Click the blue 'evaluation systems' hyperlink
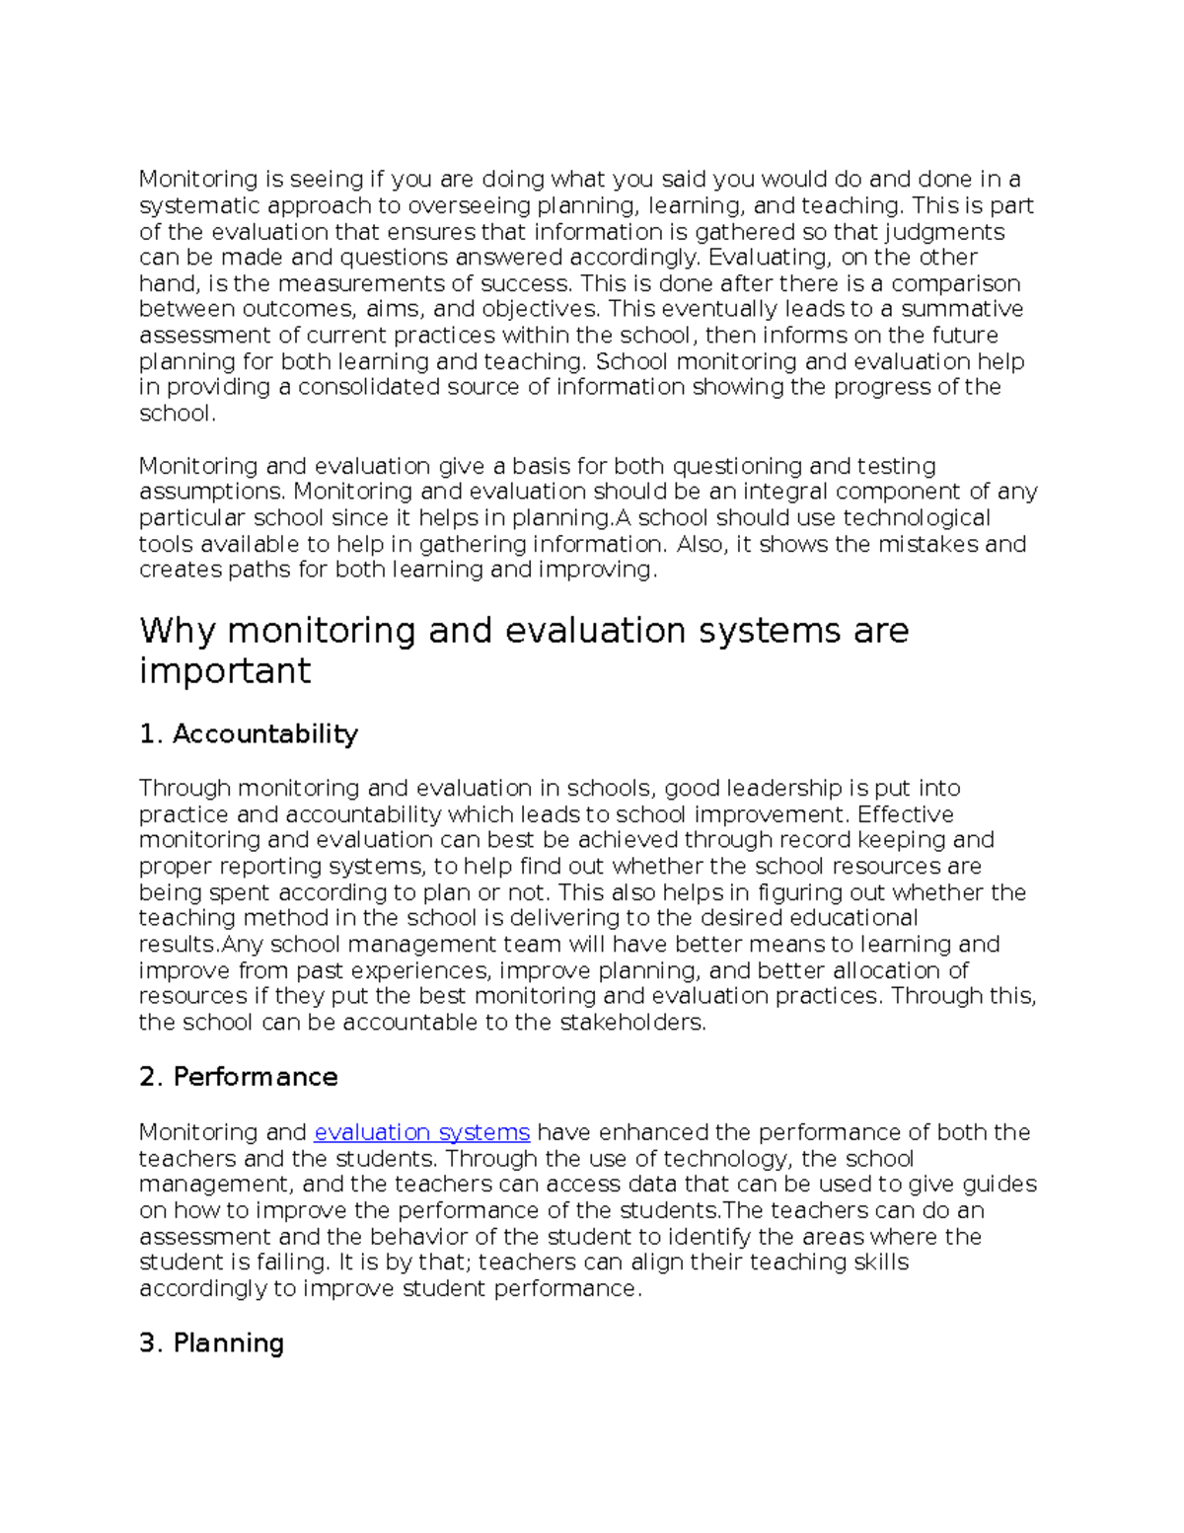click(422, 1132)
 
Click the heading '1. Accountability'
click(249, 734)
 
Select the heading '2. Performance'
click(239, 1077)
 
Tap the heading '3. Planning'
click(212, 1343)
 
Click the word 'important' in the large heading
click(225, 671)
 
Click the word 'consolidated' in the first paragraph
click(368, 387)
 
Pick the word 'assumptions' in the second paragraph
click(210, 492)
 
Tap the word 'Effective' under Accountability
click(905, 814)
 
